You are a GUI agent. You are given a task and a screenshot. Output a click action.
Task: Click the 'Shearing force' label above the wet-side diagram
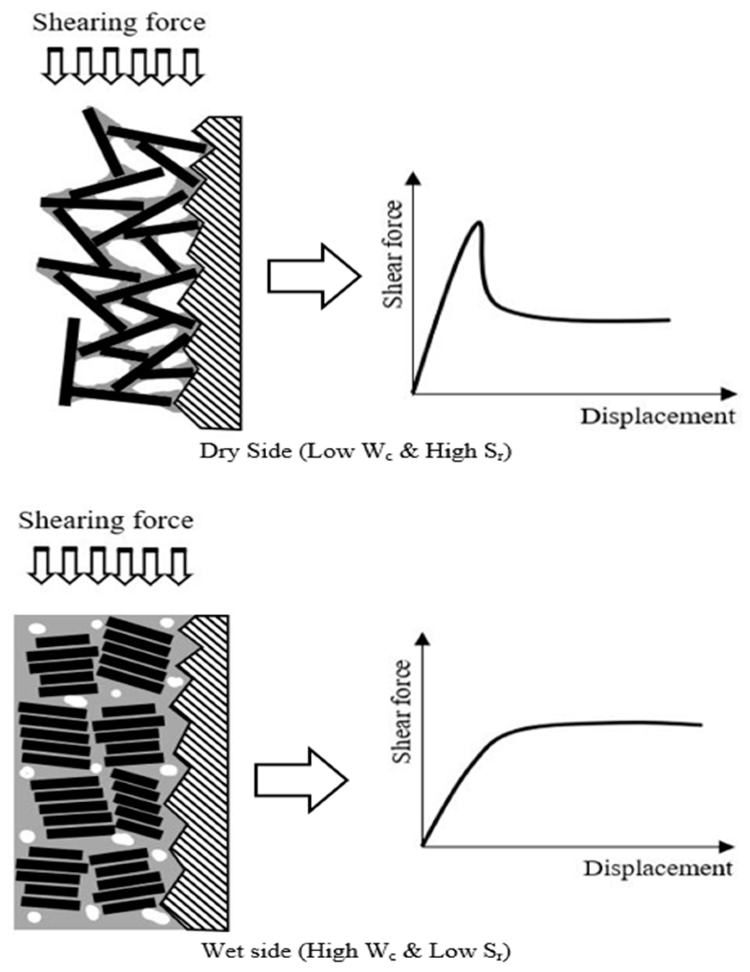[x=106, y=520]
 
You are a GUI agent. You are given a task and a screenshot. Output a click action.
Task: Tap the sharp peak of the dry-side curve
[x=479, y=222]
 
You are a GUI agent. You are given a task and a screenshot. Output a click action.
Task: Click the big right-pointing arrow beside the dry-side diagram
[x=314, y=276]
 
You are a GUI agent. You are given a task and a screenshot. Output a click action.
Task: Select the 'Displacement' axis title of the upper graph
[x=657, y=417]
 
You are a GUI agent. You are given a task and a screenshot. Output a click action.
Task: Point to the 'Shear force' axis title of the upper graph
[x=393, y=255]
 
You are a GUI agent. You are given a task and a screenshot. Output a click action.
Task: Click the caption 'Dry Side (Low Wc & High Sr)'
[x=355, y=452]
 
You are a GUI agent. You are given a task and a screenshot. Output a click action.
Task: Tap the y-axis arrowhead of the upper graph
[x=414, y=178]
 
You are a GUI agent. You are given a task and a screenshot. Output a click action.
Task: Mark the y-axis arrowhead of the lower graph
[x=423, y=639]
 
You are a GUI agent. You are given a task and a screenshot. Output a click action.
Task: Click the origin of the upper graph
[x=414, y=393]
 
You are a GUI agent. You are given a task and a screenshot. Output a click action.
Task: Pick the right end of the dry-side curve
[x=669, y=319]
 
